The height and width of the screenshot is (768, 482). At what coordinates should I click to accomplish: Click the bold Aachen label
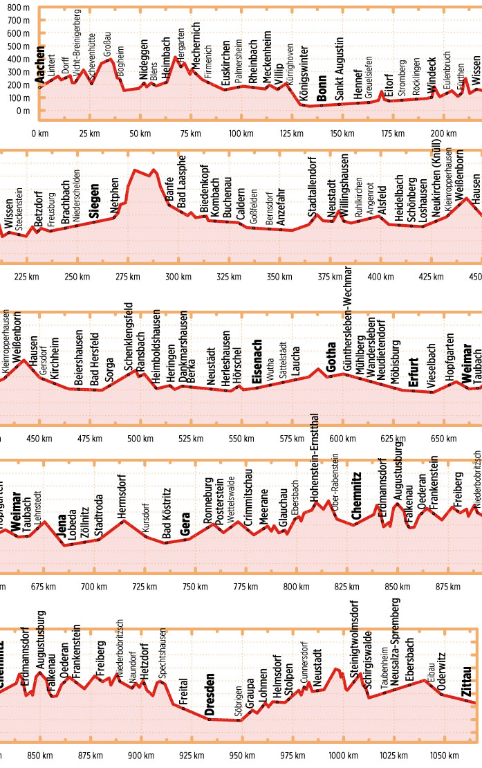40,66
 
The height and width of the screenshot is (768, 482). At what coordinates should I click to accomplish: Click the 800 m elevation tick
18,9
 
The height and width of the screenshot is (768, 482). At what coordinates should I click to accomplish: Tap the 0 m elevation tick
23,111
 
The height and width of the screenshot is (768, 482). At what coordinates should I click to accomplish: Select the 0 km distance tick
40,133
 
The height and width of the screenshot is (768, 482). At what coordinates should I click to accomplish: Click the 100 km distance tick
240,133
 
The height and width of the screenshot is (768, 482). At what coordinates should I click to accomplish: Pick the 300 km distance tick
175,277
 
